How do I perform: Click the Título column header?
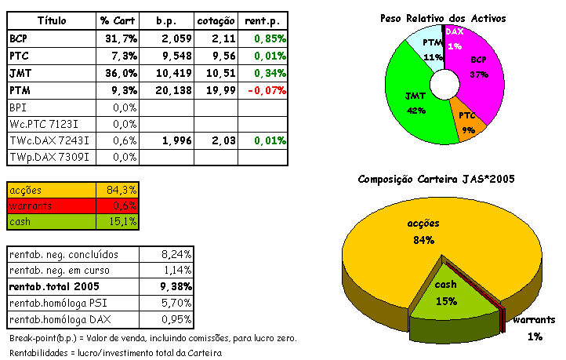(51, 19)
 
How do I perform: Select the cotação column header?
(215, 19)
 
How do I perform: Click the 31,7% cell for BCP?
(119, 38)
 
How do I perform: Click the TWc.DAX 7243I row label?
(49, 140)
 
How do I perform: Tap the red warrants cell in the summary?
(52, 205)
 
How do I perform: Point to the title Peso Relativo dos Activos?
(443, 17)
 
